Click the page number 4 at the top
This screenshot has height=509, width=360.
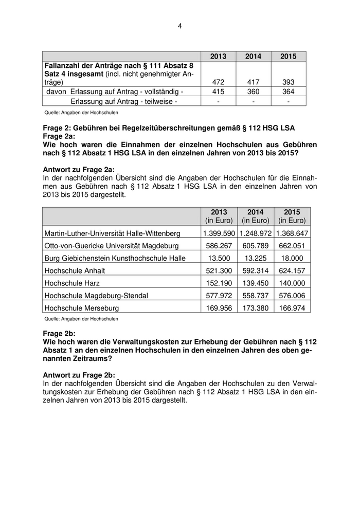click(180, 26)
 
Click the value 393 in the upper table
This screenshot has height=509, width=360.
click(289, 82)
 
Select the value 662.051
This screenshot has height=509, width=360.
click(291, 246)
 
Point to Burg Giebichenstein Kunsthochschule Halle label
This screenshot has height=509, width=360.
click(115, 258)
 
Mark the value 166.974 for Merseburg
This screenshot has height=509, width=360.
click(291, 308)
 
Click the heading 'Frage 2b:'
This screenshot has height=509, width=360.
click(59, 333)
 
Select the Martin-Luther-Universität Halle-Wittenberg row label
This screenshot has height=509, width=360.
click(112, 233)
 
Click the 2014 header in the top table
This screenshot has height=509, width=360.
click(253, 57)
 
